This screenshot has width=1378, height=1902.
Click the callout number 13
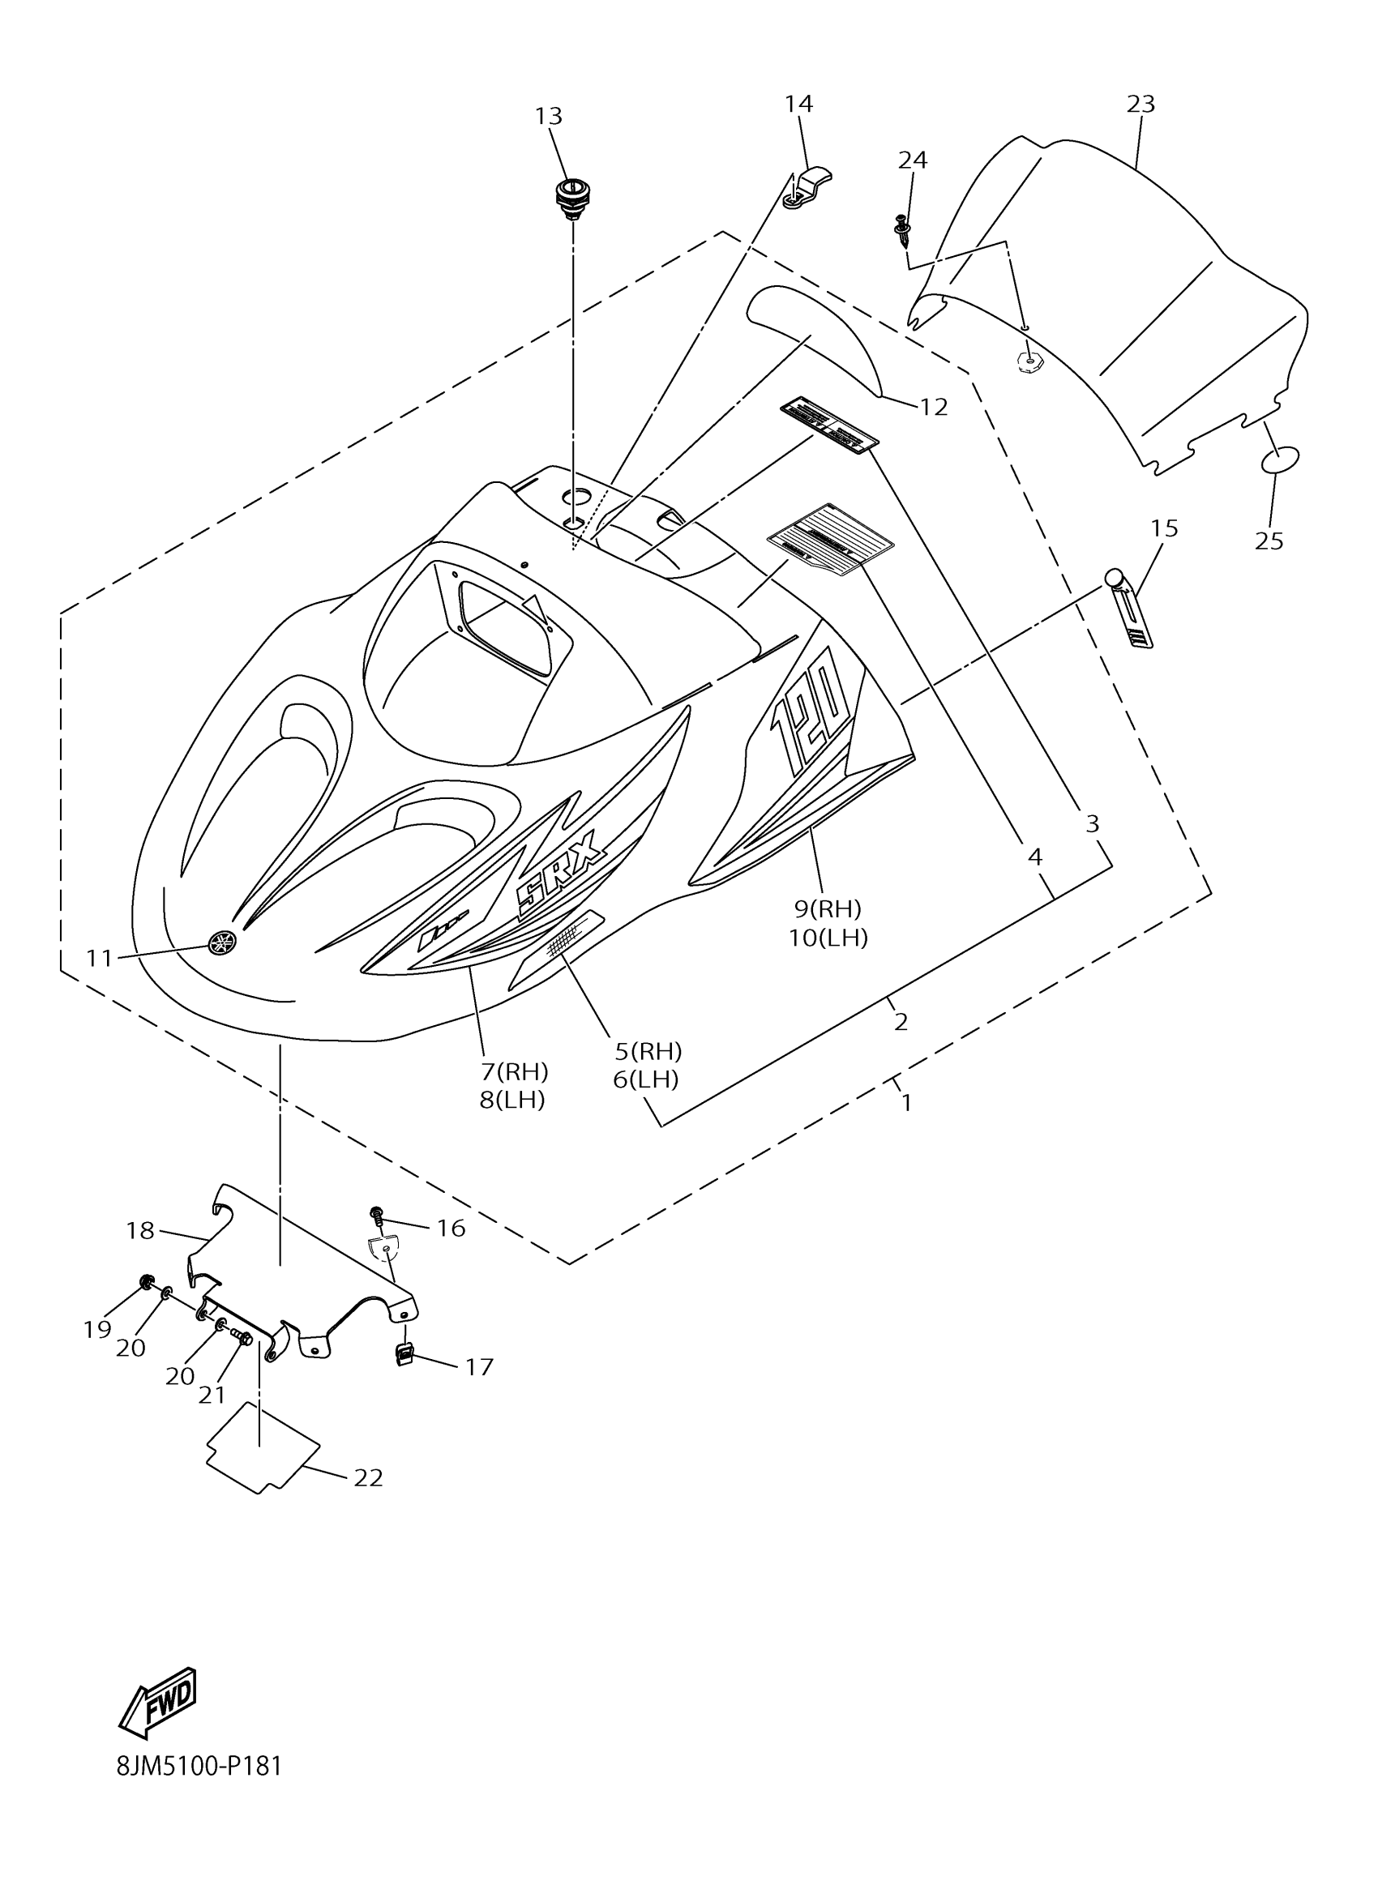(549, 117)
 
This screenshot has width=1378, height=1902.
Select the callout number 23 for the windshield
(1140, 104)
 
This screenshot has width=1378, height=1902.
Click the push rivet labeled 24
(902, 230)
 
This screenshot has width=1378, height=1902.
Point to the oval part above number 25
(1280, 459)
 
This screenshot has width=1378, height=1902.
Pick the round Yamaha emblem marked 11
(221, 942)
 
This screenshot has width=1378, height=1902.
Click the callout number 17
(480, 1368)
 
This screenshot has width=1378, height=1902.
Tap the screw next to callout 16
(377, 1216)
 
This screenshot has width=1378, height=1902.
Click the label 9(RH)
(828, 908)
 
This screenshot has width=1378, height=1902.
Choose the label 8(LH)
(512, 1101)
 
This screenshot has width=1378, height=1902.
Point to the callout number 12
(934, 408)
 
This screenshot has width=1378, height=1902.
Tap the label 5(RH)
(648, 1051)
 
